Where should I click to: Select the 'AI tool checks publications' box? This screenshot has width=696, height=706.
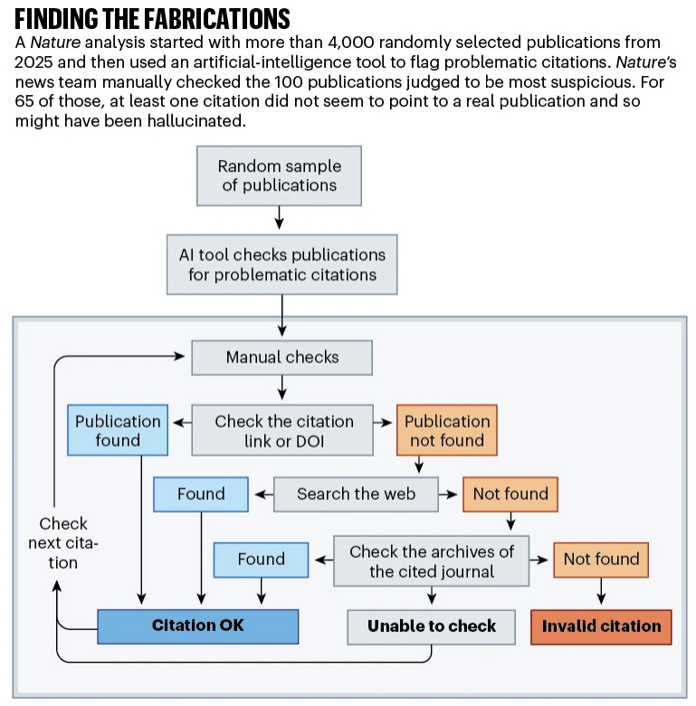point(281,264)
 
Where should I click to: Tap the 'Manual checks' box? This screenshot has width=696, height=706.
point(281,357)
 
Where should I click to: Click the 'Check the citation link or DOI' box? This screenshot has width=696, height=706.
point(282,430)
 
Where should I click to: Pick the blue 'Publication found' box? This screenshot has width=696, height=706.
point(118,430)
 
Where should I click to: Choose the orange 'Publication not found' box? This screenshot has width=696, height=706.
point(446,430)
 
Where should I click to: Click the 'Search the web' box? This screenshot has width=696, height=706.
point(356,494)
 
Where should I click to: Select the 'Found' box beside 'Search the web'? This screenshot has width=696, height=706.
point(200,494)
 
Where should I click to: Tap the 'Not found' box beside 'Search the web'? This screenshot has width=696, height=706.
point(510,494)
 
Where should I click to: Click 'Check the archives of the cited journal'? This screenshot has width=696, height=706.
point(431,560)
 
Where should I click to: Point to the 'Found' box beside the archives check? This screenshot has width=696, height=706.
point(261,560)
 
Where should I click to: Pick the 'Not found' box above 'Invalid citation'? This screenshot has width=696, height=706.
point(601,560)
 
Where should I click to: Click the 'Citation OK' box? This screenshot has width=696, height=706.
point(197,626)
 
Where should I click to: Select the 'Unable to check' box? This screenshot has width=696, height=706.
point(431,626)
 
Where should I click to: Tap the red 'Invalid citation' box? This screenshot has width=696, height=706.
point(601,626)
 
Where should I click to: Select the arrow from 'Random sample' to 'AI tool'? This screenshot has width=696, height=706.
point(280,219)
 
